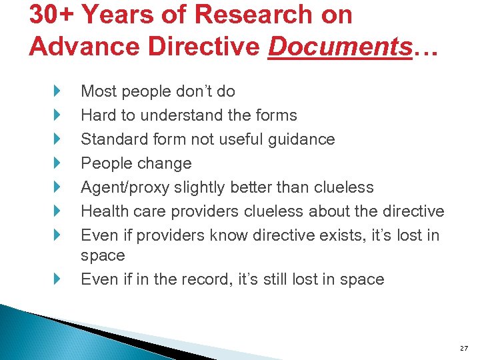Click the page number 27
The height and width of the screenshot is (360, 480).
[463, 348]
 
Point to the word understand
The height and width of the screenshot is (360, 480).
[177, 115]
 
